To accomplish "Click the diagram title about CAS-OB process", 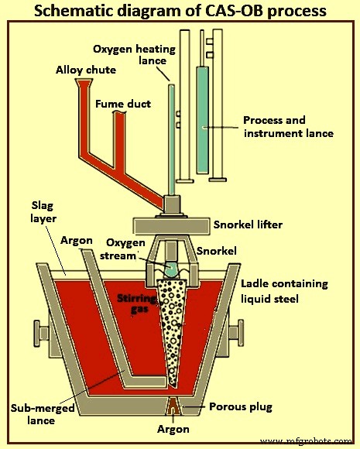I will (x=180, y=11).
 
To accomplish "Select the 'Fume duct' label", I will (x=122, y=103).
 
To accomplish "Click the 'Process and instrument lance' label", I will (x=288, y=127).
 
